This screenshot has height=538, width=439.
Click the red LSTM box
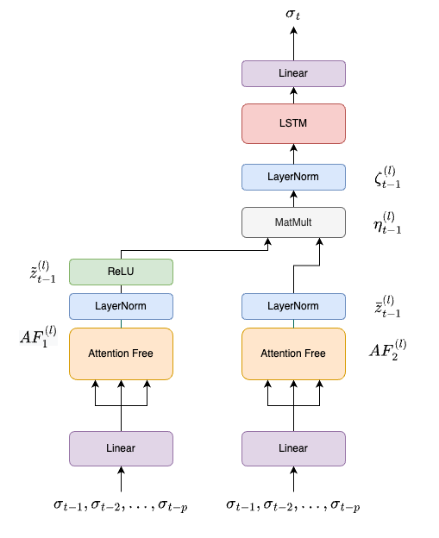(x=293, y=124)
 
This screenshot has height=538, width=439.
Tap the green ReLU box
(x=121, y=272)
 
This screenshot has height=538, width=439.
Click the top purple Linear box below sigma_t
(x=293, y=73)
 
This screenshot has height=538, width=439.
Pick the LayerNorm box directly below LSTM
(x=293, y=177)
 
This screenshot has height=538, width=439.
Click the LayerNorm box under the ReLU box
(x=121, y=306)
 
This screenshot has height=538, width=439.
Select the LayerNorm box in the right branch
(x=293, y=306)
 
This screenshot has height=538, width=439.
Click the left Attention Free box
(x=121, y=353)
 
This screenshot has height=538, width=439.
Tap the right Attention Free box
(x=293, y=353)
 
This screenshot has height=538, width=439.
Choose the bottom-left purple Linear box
(x=121, y=448)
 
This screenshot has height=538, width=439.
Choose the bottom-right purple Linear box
(x=293, y=448)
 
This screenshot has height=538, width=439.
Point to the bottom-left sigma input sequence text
(x=121, y=505)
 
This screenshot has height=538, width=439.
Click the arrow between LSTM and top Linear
(x=293, y=95)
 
